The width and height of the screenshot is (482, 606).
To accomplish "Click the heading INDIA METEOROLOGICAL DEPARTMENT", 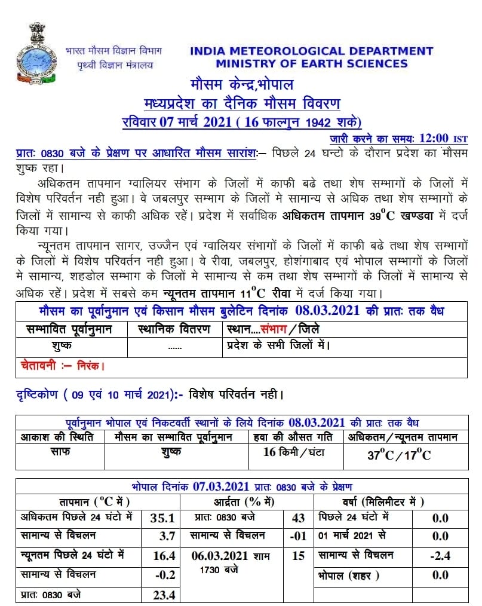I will pos(311,51).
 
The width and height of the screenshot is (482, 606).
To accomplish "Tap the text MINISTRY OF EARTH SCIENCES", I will pos(312,63).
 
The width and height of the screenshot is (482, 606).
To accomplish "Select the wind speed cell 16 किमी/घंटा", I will pos(294,452).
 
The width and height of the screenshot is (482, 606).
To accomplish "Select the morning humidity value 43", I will pos(298,518).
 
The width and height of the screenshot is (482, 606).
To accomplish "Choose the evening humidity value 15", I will pos(298,556).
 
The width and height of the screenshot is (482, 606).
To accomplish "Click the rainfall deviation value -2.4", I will pos(440,556).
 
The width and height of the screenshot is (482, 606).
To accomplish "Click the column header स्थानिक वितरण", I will pos(174,329).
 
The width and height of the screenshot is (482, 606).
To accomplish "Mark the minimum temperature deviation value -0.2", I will pos(164,575).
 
